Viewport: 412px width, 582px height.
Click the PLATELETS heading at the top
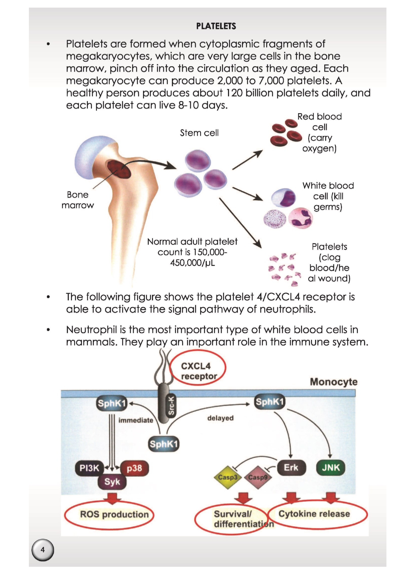(216, 26)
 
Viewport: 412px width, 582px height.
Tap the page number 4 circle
(42, 550)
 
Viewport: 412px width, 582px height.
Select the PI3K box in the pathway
(89, 468)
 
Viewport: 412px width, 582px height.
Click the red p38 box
(134, 468)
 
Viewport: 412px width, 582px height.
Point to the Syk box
(112, 482)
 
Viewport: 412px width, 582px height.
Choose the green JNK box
(331, 468)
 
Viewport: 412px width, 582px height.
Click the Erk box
(291, 468)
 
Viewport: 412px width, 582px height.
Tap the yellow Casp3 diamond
(228, 477)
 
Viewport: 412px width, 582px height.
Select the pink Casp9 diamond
(258, 477)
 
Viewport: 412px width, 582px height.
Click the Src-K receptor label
(171, 405)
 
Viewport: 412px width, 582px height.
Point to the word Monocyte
(334, 382)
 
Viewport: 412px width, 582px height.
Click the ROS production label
(114, 514)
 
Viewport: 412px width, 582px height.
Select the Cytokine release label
(314, 514)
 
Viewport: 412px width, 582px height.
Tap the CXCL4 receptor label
(198, 371)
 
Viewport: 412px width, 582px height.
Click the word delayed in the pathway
(220, 418)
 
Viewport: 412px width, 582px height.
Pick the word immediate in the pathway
(136, 420)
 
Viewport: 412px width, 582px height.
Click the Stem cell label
(199, 133)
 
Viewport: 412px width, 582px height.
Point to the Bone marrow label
(78, 200)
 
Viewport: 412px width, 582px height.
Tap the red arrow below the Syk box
(112, 498)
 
